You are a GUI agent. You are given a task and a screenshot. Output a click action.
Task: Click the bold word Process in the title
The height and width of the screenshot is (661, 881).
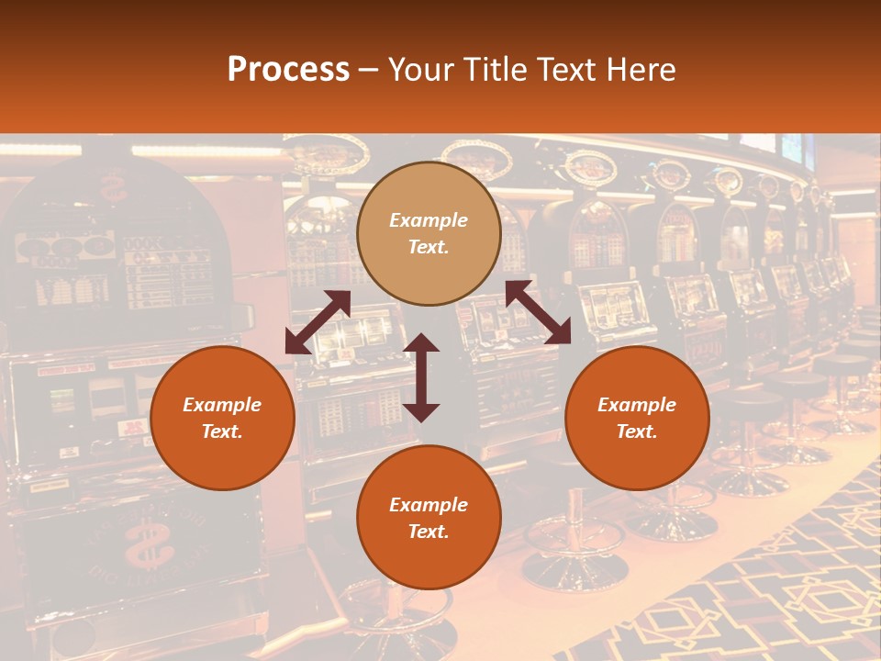[288, 70]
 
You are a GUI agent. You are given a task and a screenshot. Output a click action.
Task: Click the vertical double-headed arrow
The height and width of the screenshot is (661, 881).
[421, 377]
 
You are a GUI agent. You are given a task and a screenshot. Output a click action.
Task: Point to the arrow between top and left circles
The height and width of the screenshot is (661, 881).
[318, 321]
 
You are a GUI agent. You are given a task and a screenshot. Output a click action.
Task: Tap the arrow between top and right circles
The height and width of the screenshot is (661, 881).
[538, 312]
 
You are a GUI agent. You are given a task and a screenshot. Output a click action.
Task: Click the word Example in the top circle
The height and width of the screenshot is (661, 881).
[429, 220]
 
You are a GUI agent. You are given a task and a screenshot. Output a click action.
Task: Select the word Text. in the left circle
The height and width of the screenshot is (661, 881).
[222, 431]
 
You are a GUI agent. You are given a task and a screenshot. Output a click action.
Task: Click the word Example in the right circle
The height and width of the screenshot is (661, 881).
[637, 405]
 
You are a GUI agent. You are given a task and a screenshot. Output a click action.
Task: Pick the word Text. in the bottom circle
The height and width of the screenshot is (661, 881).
[429, 532]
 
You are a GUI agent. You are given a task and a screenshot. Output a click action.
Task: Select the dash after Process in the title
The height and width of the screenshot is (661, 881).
[368, 70]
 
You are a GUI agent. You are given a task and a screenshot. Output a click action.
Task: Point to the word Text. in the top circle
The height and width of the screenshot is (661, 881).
[429, 247]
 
